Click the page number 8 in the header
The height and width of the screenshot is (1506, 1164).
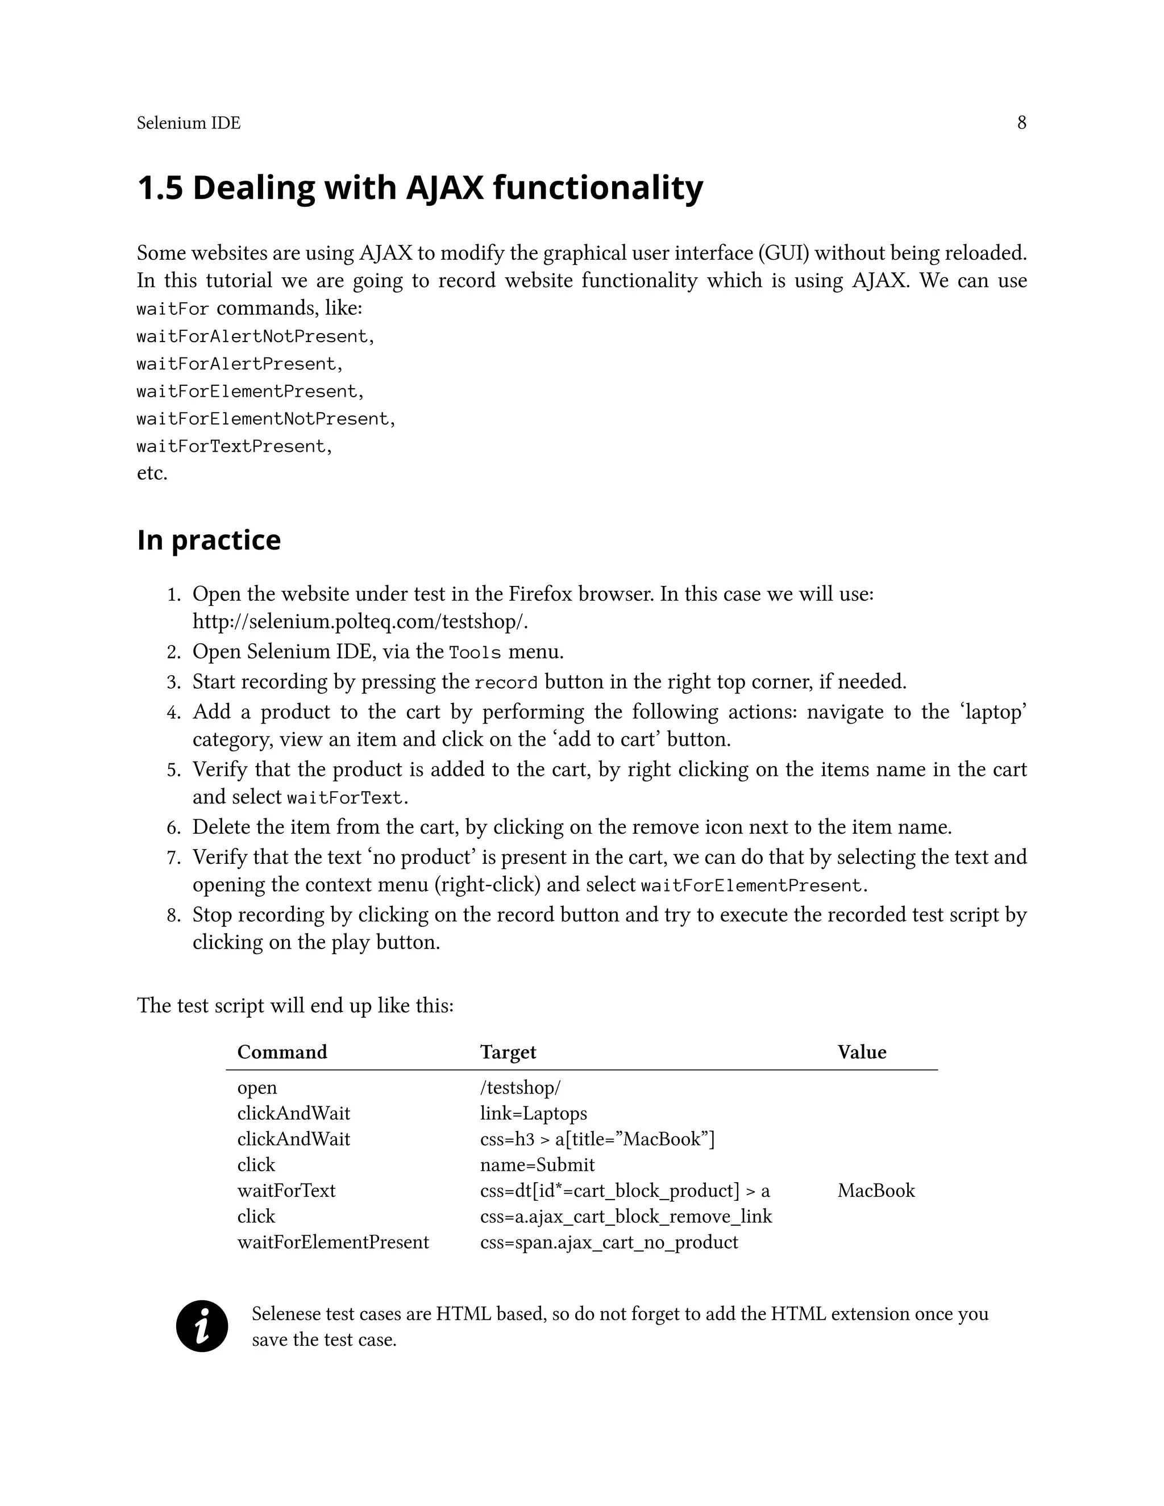tap(1021, 123)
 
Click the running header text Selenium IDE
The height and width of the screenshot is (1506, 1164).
tap(188, 123)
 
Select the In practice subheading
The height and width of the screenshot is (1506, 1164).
tap(209, 539)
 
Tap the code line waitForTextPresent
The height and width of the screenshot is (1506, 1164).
tap(233, 447)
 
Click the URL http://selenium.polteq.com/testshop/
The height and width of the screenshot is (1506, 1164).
tap(360, 621)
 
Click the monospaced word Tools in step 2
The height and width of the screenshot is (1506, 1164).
tap(475, 652)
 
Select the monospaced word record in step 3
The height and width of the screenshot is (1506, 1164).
tap(506, 683)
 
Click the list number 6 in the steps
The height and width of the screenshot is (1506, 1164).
tap(173, 827)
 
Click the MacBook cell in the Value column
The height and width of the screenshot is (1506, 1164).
tap(876, 1190)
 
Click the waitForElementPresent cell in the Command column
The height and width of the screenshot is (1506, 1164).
tap(332, 1242)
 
